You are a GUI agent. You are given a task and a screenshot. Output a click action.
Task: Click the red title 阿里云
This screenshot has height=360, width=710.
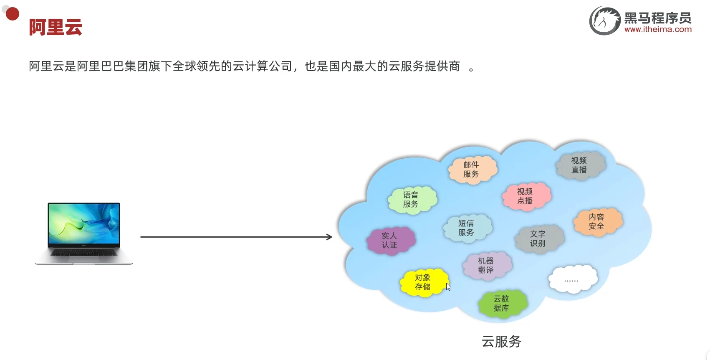[x=56, y=28]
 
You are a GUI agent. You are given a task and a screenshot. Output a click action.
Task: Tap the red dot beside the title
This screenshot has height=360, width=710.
[x=13, y=14]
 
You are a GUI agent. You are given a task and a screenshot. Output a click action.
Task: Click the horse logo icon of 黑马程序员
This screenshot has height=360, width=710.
[x=605, y=21]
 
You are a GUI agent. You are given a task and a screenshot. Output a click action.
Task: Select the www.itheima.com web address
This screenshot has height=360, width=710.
[x=658, y=30]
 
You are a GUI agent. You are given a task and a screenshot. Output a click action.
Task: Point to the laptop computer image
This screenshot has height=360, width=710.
[x=84, y=233]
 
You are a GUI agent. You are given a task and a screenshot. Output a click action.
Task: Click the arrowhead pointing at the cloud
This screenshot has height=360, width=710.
[x=329, y=237]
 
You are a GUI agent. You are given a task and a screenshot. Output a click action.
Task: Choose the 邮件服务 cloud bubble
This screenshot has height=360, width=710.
[x=472, y=170]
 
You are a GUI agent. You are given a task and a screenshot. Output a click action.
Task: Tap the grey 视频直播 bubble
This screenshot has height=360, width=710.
[x=579, y=165]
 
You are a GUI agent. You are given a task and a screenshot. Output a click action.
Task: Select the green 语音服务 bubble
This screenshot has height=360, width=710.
[x=412, y=200]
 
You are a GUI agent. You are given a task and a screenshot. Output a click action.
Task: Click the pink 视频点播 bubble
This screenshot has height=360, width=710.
[x=526, y=196]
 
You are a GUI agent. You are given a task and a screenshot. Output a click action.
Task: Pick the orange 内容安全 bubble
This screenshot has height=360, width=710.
[x=597, y=222]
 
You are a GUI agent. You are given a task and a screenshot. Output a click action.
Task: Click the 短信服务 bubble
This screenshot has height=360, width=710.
[x=467, y=228]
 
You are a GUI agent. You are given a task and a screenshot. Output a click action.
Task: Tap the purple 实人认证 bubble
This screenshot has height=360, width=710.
[x=390, y=241]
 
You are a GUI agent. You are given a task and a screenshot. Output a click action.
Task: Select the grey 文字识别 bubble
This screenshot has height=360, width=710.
[x=538, y=239]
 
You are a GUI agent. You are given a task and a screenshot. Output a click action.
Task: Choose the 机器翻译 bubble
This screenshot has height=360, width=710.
[x=486, y=266]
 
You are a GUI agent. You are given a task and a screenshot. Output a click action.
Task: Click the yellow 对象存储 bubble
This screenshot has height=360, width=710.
[x=423, y=282]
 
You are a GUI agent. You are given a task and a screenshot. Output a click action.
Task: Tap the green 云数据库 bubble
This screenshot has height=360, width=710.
[x=502, y=304]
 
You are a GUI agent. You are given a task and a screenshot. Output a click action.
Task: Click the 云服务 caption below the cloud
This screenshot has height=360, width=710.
[x=502, y=342]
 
